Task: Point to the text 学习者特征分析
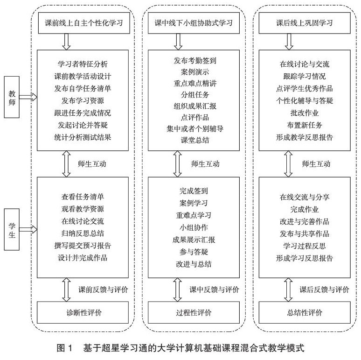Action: pos(83,64)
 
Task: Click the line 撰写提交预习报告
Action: pos(83,245)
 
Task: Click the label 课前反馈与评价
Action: pos(103,289)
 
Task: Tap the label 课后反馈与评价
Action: pos(325,289)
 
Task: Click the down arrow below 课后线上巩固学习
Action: pos(289,41)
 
